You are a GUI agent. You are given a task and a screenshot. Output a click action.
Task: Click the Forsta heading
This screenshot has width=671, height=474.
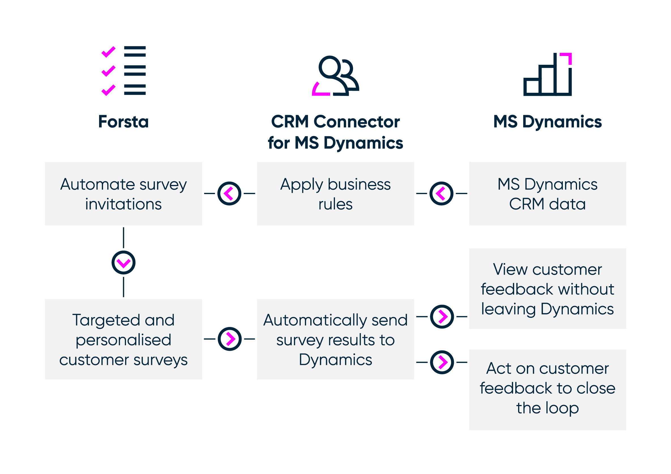(x=123, y=121)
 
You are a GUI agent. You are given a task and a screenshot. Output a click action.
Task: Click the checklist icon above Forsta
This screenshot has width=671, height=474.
(x=123, y=71)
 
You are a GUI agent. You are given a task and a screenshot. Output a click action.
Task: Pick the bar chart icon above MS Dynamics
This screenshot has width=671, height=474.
(x=547, y=74)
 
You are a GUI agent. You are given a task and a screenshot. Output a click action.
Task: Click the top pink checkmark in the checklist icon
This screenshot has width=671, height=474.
(x=108, y=52)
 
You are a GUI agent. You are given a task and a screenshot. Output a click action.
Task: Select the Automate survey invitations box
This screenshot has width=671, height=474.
(x=123, y=193)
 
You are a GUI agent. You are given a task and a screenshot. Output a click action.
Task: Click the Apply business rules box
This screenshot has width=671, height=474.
(x=335, y=193)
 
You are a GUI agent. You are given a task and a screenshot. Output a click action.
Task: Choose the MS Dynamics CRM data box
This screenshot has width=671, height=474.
(x=547, y=193)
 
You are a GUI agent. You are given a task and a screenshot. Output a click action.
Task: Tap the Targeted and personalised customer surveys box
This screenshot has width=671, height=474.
(x=123, y=339)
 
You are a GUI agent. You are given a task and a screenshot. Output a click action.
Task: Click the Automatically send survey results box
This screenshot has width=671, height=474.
(x=335, y=339)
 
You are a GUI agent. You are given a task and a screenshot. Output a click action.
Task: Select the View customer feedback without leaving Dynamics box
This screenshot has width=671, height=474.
(x=547, y=289)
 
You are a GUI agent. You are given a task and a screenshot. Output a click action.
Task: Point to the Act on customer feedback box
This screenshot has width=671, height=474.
(x=547, y=390)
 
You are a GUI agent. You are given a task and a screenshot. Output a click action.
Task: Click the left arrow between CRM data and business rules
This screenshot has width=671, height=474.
(x=442, y=193)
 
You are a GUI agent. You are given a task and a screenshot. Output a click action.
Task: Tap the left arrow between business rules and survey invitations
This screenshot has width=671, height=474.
(x=229, y=193)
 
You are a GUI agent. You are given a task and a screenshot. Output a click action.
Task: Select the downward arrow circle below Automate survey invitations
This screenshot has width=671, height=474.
(x=123, y=262)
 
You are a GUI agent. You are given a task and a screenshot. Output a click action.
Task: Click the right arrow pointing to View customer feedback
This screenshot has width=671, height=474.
(x=442, y=317)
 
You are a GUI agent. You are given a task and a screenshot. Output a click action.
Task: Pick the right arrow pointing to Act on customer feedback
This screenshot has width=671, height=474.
(x=442, y=362)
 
